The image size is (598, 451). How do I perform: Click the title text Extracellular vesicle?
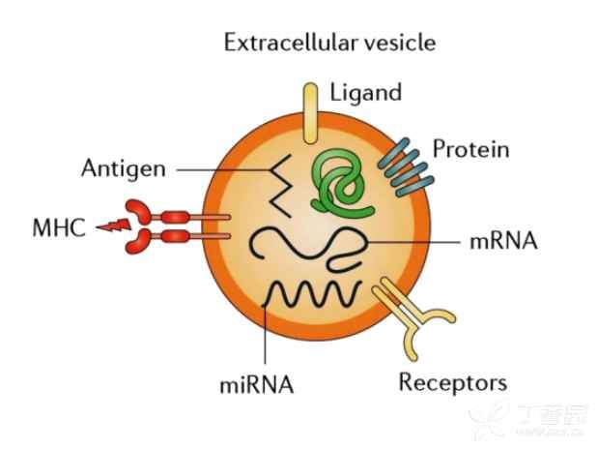pyautogui.click(x=329, y=43)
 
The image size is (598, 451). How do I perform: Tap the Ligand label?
pyautogui.click(x=365, y=94)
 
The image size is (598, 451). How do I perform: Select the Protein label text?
pyautogui.click(x=470, y=150)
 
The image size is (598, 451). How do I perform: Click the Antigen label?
pyautogui.click(x=123, y=168)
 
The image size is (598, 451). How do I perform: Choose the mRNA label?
pyautogui.click(x=501, y=240)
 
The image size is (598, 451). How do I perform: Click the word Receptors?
pyautogui.click(x=452, y=381)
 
